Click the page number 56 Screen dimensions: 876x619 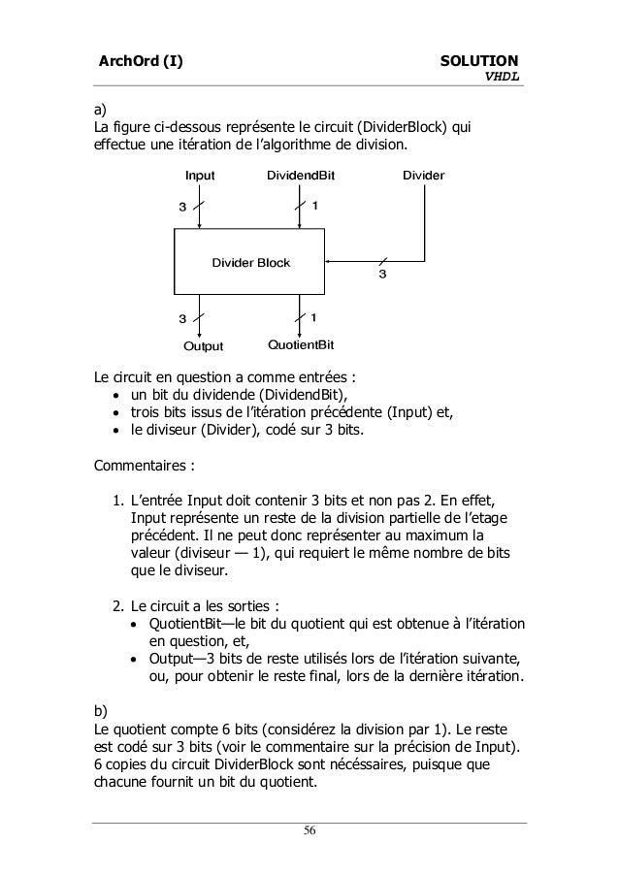309,830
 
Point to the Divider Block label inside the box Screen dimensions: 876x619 251,263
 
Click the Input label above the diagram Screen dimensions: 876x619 200,177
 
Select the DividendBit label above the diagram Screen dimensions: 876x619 300,177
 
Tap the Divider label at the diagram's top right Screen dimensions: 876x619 423,177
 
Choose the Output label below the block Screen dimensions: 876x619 204,346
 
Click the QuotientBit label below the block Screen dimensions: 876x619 301,345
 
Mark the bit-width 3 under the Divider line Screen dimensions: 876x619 381,276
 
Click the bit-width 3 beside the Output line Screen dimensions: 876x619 181,318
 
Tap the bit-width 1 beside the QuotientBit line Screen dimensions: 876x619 314,316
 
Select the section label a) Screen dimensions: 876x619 99,108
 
